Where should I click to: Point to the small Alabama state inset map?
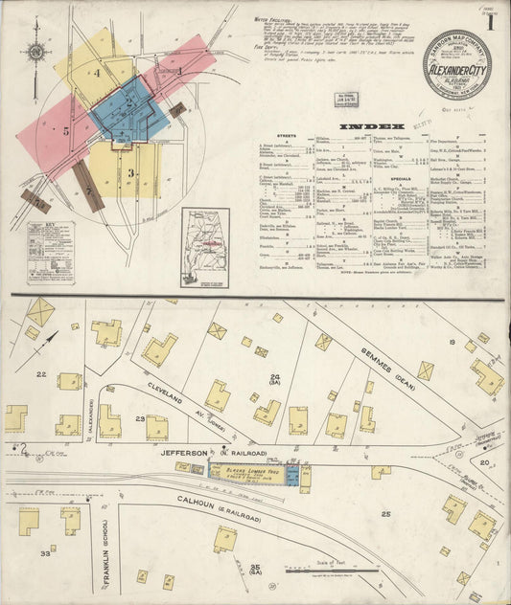[204, 247]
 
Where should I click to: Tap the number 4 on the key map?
[98, 72]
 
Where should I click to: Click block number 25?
[385, 514]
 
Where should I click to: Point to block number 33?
[45, 552]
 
